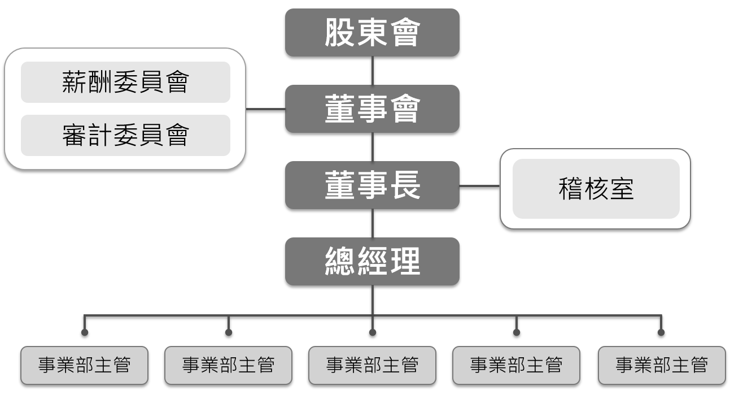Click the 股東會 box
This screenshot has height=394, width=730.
372,33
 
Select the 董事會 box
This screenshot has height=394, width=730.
372,109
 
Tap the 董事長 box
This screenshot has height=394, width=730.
372,185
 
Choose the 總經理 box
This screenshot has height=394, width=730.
372,261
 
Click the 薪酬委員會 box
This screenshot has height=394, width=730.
125,83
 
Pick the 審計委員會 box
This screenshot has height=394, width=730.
125,135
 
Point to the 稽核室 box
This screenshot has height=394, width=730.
596,189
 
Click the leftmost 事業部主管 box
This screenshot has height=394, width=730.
85,365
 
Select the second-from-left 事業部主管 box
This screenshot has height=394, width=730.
228,365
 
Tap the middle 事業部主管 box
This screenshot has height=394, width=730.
372,365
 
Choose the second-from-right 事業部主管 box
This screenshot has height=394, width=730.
516,365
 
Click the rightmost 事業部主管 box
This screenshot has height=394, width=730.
661,365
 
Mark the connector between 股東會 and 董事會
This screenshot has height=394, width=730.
372,71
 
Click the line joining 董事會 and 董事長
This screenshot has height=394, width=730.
372,147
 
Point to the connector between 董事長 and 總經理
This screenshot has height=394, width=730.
372,223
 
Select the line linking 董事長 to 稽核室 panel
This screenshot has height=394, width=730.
480,185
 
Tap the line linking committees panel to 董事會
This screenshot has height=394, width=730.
265,109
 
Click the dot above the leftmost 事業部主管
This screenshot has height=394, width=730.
85,332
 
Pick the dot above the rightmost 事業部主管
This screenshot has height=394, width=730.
661,332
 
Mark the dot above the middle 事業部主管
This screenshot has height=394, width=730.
373,332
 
